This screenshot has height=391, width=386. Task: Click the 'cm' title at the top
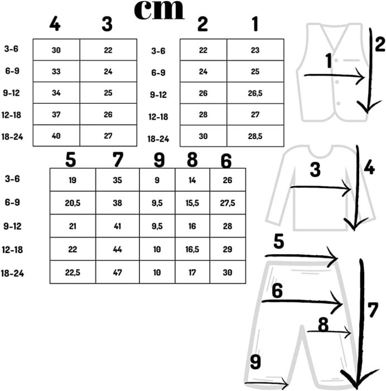pos(160,11)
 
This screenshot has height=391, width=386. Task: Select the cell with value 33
pos(56,71)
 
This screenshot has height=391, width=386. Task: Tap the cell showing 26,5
pos(255,94)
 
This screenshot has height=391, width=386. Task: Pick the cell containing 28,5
pos(255,136)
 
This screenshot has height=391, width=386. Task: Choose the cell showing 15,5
pos(192,203)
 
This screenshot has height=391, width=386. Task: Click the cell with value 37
pos(56,115)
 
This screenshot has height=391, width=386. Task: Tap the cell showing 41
pos(117,226)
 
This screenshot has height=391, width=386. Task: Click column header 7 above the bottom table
pos(117,160)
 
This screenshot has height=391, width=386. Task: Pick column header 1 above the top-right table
pos(255,25)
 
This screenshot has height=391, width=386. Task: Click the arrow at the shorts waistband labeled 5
pos(301,257)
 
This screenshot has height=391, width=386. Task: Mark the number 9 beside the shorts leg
pos(255,363)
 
